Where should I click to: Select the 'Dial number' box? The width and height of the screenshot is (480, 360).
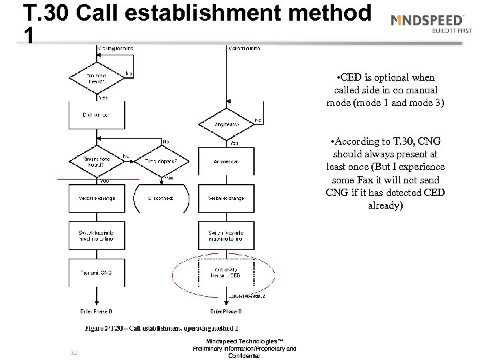pyautogui.click(x=98, y=115)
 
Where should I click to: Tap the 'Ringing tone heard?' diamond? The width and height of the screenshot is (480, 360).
pyautogui.click(x=98, y=161)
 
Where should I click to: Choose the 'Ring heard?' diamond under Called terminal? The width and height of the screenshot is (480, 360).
pyautogui.click(x=227, y=123)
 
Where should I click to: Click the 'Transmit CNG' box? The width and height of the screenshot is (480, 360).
pyautogui.click(x=98, y=273)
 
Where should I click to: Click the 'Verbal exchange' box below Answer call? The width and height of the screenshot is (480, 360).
pyautogui.click(x=227, y=198)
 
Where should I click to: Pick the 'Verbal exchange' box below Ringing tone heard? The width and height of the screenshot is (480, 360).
pyautogui.click(x=98, y=198)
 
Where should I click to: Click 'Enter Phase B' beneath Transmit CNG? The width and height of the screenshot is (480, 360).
pyautogui.click(x=98, y=311)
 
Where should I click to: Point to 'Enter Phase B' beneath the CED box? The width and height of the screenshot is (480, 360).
pyautogui.click(x=227, y=311)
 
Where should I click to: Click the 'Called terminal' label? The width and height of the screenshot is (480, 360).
pyautogui.click(x=244, y=49)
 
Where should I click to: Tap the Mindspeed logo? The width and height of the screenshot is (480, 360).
pyautogui.click(x=433, y=22)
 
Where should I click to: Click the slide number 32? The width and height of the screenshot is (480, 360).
pyautogui.click(x=74, y=352)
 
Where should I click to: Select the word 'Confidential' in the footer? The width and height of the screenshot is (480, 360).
pyautogui.click(x=244, y=356)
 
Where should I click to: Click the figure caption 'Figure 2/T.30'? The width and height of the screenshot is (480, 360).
pyautogui.click(x=161, y=329)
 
